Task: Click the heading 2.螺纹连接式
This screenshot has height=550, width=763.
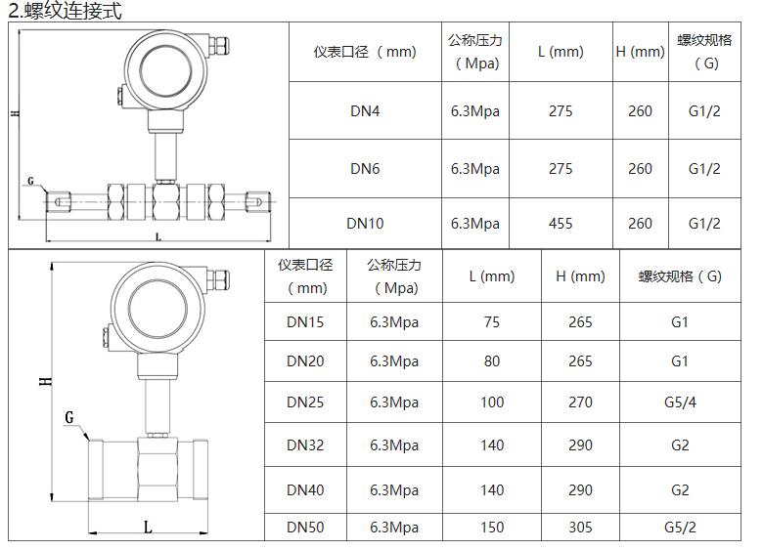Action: (x=65, y=11)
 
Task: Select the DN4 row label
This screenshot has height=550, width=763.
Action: (x=365, y=111)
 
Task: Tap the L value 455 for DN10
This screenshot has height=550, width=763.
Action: (x=561, y=224)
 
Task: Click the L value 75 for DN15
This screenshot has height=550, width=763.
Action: (x=491, y=322)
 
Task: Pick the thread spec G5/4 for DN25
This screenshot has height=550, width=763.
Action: (x=680, y=402)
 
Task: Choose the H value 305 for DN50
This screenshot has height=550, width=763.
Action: (x=580, y=528)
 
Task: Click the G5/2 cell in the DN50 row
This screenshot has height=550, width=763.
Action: (x=680, y=528)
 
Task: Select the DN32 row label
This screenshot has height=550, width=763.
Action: (x=305, y=445)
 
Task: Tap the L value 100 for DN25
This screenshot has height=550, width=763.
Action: (x=492, y=402)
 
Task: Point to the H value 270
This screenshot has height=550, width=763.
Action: (x=580, y=402)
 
